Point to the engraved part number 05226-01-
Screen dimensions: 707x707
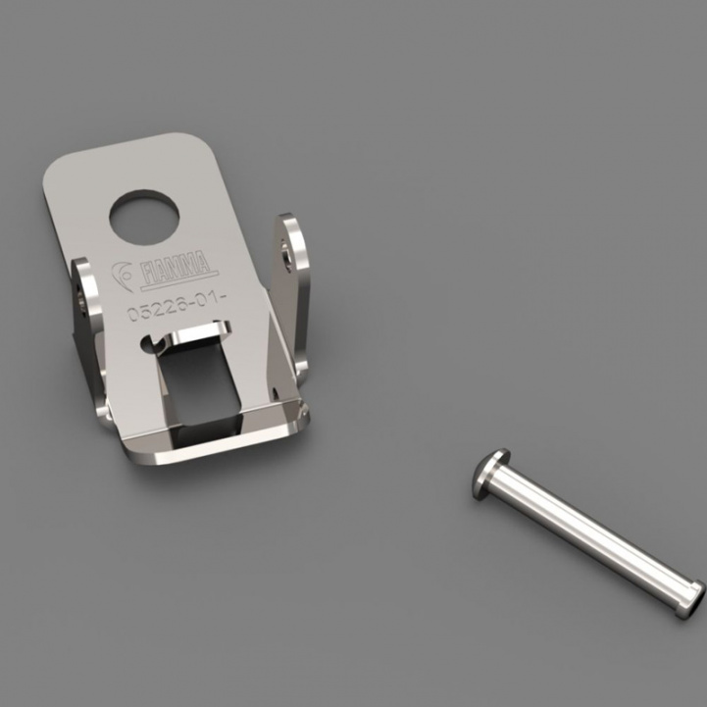pos(173,313)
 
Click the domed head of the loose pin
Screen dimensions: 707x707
pos(490,474)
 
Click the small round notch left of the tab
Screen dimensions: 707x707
pos(149,344)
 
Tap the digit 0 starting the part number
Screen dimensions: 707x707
pos(131,316)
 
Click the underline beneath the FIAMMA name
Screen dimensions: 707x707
pos(178,286)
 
